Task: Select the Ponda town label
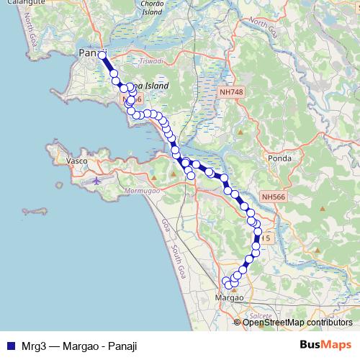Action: pyautogui.click(x=279, y=158)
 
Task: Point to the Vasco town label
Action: pyautogui.click(x=76, y=161)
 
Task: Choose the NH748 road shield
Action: pyautogui.click(x=231, y=92)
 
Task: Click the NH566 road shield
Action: pyautogui.click(x=274, y=196)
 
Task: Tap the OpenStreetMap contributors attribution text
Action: pyautogui.click(x=297, y=322)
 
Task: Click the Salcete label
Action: pyautogui.click(x=260, y=315)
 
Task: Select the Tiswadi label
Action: pyautogui.click(x=150, y=61)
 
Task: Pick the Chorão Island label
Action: pyautogui.click(x=151, y=7)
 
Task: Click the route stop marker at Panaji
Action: pyautogui.click(x=102, y=55)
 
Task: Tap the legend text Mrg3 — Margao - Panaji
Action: pyautogui.click(x=79, y=346)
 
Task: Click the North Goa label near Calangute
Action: pyautogui.click(x=31, y=32)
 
